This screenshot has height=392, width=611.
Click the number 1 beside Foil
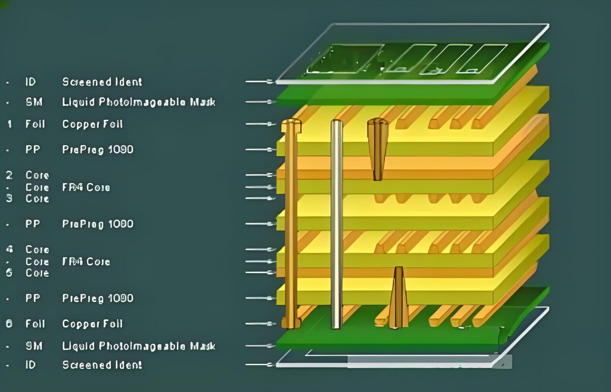pos(10,124)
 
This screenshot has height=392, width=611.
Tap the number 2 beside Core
pos(9,175)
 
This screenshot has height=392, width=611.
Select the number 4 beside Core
pos(10,250)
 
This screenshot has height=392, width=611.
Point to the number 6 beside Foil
pos(9,324)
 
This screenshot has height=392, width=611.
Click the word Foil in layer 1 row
pos(35,124)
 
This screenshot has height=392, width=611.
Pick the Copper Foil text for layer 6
pos(92,324)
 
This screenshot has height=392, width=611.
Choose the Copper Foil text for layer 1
pos(92,124)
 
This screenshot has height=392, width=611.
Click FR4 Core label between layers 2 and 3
pos(86,187)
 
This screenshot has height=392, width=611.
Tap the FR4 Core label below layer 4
pos(86,262)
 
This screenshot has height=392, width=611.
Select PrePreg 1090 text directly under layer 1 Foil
pos(98,150)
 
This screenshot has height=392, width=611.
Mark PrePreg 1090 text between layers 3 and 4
pos(98,224)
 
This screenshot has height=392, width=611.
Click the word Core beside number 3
pos(37,199)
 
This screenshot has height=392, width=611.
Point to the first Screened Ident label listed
pos(102,82)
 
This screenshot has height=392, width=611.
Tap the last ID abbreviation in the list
pos(31,365)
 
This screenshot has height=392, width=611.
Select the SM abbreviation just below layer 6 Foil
pos(34,346)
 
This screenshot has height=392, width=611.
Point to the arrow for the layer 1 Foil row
pos(261,124)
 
